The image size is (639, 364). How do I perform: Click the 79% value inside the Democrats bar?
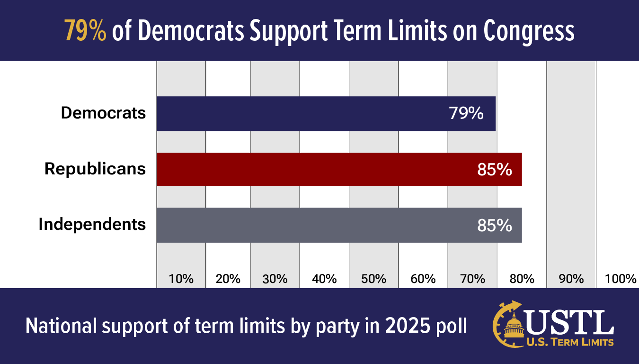coord(466,114)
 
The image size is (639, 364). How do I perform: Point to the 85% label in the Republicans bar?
coord(495,169)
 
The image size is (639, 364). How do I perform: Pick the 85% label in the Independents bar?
coord(495,225)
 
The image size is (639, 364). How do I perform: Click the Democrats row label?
coord(103,113)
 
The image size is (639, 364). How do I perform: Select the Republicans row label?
coord(95,169)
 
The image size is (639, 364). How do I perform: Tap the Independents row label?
coord(92,224)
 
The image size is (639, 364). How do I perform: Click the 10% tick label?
coord(181,279)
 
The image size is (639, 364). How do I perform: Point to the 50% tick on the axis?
coord(373,279)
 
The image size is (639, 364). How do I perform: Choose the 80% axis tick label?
coord(522,279)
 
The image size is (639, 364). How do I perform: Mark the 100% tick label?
coord(621,279)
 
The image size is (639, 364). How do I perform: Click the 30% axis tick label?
coord(275,279)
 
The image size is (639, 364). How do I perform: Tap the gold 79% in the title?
coord(86,31)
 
